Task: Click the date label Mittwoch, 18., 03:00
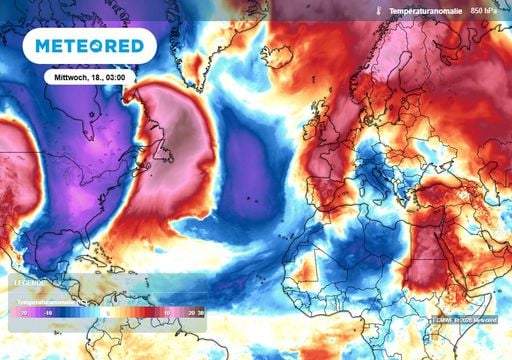coord(90,76)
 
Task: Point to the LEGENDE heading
coord(30,282)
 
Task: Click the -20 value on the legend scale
coord(21,312)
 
